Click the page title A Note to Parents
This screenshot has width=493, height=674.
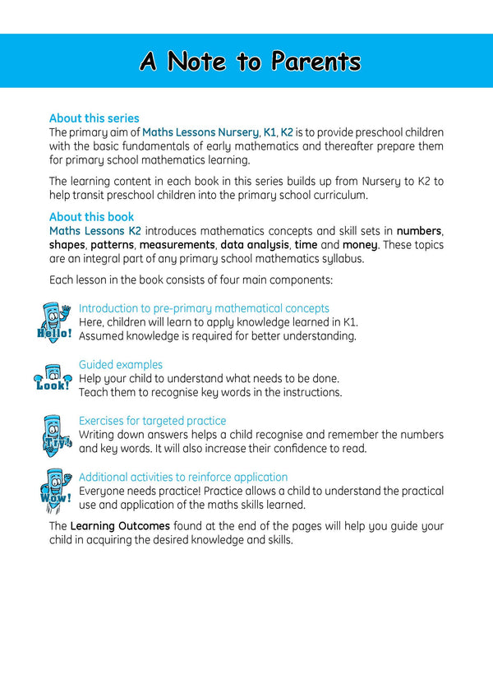[250, 62]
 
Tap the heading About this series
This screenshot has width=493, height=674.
[94, 118]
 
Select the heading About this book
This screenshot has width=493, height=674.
[91, 217]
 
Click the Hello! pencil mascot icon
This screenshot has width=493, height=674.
[55, 321]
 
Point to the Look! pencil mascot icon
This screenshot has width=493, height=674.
[55, 377]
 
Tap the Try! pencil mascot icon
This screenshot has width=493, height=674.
[57, 434]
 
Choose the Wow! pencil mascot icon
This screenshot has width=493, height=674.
[55, 490]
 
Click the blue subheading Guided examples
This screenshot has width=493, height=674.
[121, 364]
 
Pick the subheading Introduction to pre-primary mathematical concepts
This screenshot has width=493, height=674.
[204, 308]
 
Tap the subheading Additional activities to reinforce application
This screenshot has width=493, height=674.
[183, 477]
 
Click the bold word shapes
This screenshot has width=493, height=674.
[67, 245]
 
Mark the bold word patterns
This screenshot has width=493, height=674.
[112, 245]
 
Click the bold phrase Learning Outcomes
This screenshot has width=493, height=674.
[120, 525]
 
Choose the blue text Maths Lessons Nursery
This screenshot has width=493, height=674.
[200, 132]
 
